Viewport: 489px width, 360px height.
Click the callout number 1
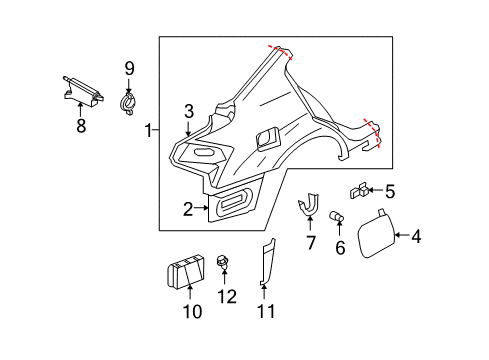pos(149,131)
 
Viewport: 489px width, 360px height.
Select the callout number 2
pos(187,209)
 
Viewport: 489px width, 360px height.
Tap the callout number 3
pos(188,111)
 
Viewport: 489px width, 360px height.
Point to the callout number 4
pos(417,237)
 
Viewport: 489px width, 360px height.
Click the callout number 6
pos(340,246)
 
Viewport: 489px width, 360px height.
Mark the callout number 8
pos(81,127)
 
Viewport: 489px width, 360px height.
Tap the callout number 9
pos(129,68)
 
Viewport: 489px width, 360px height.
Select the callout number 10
pos(192,312)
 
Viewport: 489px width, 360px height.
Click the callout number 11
pos(264,312)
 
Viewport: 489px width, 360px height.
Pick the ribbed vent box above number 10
pos(188,272)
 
